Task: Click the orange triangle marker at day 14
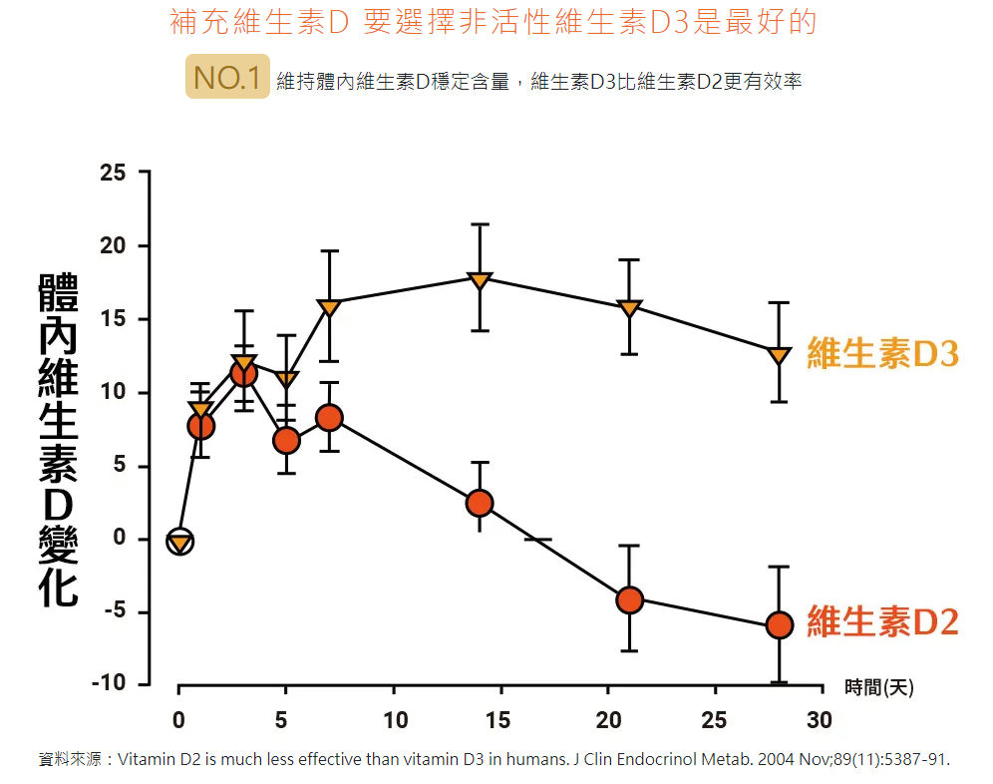point(480,279)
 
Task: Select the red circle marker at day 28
point(779,625)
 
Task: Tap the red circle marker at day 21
point(629,599)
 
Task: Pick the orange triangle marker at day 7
point(330,307)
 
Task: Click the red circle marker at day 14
point(480,503)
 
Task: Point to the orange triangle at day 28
point(779,355)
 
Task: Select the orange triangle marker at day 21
point(629,308)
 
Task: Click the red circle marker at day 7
point(330,418)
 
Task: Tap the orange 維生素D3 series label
point(882,353)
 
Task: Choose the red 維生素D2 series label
point(882,621)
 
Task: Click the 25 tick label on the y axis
point(113,174)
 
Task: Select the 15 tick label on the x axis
point(499,720)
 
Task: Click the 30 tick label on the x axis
point(820,720)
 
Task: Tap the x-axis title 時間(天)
point(878,686)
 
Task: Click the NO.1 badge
point(227,78)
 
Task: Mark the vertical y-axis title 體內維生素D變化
point(58,439)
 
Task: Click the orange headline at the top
point(493,22)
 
